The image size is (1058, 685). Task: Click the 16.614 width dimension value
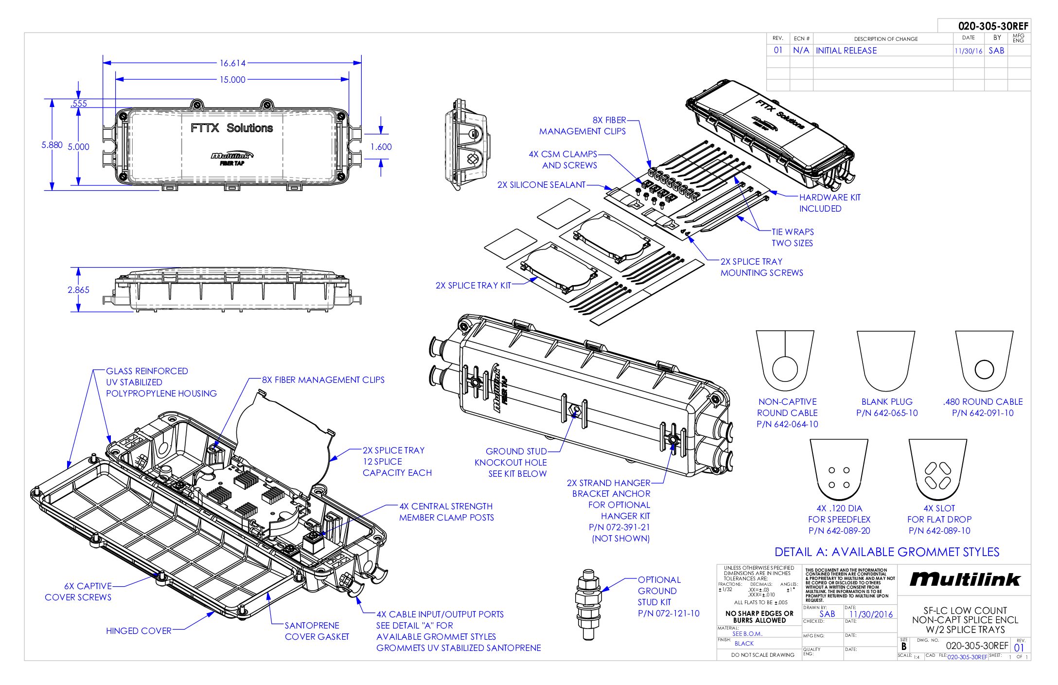[232, 63]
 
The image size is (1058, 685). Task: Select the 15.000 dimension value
[232, 80]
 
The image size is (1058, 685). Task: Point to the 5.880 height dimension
[52, 145]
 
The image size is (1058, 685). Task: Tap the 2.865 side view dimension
[78, 290]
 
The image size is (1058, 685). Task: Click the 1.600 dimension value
[381, 147]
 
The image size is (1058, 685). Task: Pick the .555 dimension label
[78, 104]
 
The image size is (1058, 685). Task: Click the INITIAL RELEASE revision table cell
[846, 51]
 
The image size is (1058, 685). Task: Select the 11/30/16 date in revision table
[968, 51]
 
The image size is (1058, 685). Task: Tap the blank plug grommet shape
[885, 361]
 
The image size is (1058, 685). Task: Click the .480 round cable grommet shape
[984, 361]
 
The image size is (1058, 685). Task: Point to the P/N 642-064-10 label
[787, 424]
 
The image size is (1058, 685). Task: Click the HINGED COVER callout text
[139, 631]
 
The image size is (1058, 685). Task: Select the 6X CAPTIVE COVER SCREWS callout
[78, 592]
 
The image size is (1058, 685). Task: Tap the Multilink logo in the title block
[965, 579]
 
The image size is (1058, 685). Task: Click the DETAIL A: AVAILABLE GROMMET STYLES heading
[887, 552]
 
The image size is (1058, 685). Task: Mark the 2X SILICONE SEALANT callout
[541, 185]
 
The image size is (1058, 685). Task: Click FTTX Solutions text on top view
[231, 128]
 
